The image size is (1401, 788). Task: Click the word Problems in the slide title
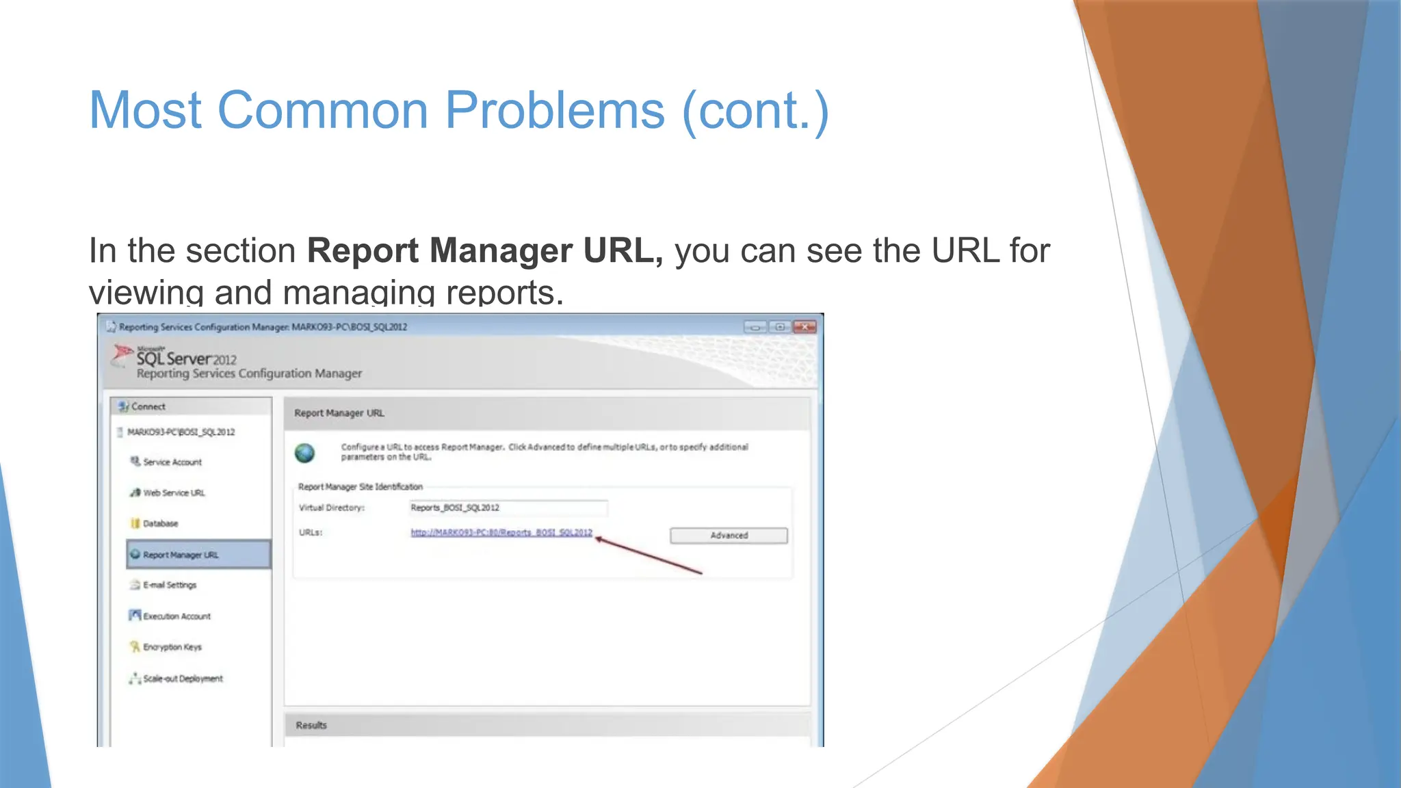[x=555, y=110]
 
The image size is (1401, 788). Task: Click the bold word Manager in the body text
[x=501, y=250]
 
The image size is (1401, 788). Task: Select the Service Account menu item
[x=172, y=462]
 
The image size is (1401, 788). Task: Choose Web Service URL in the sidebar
[x=174, y=493]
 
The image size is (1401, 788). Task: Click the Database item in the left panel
[x=160, y=524]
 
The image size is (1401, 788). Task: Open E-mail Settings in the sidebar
[x=170, y=586]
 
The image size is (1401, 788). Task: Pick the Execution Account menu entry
[x=176, y=616]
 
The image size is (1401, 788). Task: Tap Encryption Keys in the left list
[x=172, y=647]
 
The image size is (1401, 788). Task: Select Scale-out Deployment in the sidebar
[x=183, y=679]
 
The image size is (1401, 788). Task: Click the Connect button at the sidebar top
[x=148, y=406]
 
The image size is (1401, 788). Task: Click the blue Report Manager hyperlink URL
[x=501, y=533]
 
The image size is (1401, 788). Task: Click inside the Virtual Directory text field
[x=508, y=508]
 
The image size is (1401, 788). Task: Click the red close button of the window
[x=804, y=327]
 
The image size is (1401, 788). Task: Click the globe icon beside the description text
[x=305, y=453]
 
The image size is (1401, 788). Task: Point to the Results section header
[x=311, y=725]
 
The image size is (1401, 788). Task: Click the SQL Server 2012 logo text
[x=186, y=358]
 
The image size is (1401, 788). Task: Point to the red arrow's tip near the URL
[x=597, y=539]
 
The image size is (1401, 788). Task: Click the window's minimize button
[x=755, y=327]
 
